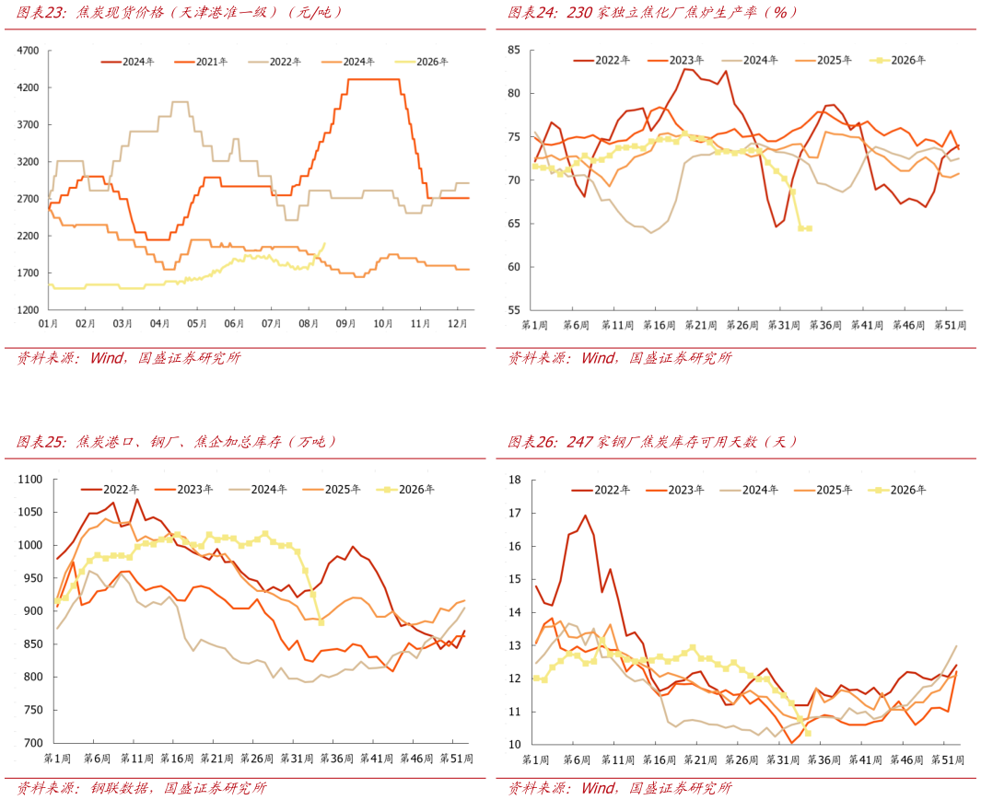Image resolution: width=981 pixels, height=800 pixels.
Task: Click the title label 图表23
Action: pos(41,13)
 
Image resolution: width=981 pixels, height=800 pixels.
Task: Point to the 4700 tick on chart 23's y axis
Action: pos(28,51)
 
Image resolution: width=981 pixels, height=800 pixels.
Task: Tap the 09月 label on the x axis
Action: pos(346,323)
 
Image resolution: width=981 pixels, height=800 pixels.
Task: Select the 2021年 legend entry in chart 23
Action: pos(201,62)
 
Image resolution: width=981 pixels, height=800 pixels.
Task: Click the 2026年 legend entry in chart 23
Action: pos(422,62)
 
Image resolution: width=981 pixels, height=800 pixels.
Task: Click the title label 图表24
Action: pos(532,13)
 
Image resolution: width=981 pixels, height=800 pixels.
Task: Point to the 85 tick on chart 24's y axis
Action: pos(514,50)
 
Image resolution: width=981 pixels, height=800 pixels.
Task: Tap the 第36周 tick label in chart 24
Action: pos(825,325)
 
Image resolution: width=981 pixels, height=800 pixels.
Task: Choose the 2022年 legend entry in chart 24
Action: pos(601,61)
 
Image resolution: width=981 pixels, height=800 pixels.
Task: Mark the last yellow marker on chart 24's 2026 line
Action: pos(809,229)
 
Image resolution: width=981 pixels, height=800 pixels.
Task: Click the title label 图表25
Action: pos(41,442)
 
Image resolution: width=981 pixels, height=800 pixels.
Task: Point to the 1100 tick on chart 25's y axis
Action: pos(30,480)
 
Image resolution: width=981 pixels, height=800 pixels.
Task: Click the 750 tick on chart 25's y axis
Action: pos(34,710)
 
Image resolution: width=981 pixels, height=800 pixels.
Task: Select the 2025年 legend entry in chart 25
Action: pos(331,490)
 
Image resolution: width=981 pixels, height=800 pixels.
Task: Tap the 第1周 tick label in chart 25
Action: pos(57,759)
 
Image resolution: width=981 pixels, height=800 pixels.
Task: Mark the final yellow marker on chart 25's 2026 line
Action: pos(321,622)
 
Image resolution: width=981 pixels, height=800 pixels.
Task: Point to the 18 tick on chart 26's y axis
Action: pos(515,481)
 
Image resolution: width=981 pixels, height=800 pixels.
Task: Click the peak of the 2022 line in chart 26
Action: pos(586,516)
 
